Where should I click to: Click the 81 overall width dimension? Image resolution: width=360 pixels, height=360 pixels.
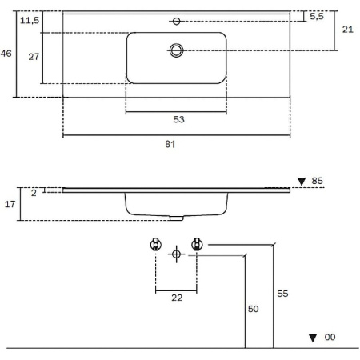[x=170, y=144]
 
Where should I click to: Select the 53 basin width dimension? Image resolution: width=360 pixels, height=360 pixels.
[x=178, y=119]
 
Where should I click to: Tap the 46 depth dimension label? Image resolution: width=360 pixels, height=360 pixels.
[x=6, y=54]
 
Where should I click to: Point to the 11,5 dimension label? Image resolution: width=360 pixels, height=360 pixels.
[x=30, y=20]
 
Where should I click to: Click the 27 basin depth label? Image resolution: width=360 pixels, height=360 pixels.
[x=34, y=57]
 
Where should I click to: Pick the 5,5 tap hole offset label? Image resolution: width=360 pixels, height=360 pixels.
[x=317, y=16]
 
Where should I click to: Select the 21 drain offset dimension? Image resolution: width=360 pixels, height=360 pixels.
[x=348, y=30]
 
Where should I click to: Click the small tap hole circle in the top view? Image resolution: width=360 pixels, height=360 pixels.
[x=176, y=21]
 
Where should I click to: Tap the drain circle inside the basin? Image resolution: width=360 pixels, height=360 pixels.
[x=176, y=50]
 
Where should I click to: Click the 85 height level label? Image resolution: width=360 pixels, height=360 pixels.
[x=317, y=181]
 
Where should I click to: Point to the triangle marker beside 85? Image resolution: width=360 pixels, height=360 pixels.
[x=302, y=182]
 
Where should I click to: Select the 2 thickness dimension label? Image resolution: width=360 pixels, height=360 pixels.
[x=34, y=193]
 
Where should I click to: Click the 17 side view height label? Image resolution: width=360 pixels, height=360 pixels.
[x=10, y=204]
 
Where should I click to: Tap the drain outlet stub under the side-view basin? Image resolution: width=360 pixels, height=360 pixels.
[x=177, y=218]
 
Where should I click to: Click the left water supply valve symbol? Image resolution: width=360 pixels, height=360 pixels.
[x=156, y=244]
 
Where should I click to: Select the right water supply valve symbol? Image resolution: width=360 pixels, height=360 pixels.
[x=197, y=244]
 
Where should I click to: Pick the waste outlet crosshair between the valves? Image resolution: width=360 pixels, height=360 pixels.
[x=176, y=254]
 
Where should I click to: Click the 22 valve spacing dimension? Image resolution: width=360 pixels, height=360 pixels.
[x=177, y=298]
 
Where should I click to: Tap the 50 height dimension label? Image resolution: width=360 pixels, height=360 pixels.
[x=254, y=309]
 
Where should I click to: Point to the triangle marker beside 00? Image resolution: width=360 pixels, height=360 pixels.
[x=313, y=338]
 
